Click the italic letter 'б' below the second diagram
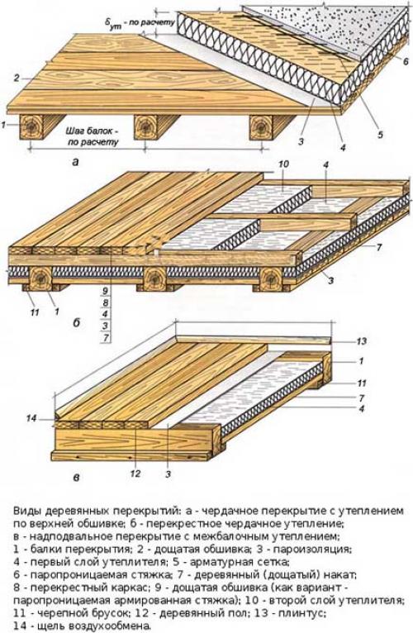[x=76, y=323]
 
